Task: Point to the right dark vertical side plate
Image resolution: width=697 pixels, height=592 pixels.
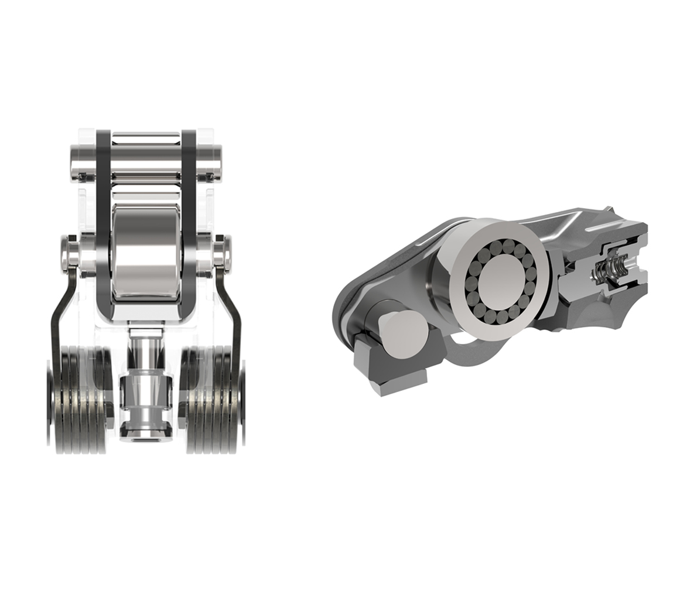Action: [x=189, y=223]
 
